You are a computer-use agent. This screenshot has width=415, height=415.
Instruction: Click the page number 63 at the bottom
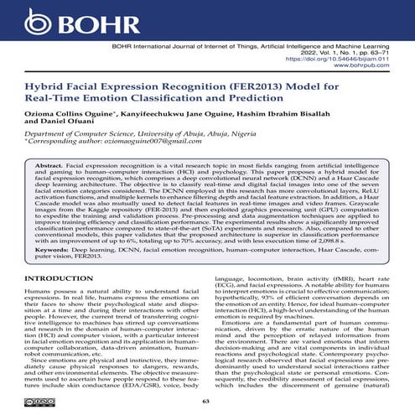[x=206, y=401]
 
